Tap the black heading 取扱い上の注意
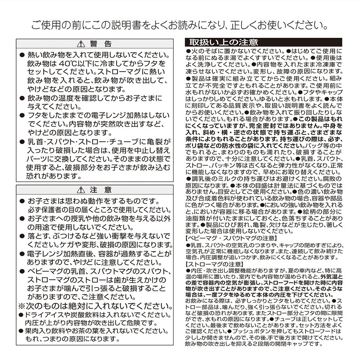coord(223,43)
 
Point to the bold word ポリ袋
coord(194,146)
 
